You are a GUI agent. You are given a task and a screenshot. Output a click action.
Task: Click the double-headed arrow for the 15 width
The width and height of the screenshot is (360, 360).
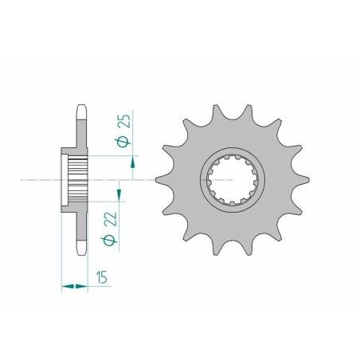pos(74,284)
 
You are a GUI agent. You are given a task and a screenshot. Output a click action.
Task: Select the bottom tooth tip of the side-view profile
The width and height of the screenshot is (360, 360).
pos(81,252)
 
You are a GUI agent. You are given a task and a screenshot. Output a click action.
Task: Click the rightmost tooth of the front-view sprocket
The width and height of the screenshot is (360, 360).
pos(304,180)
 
